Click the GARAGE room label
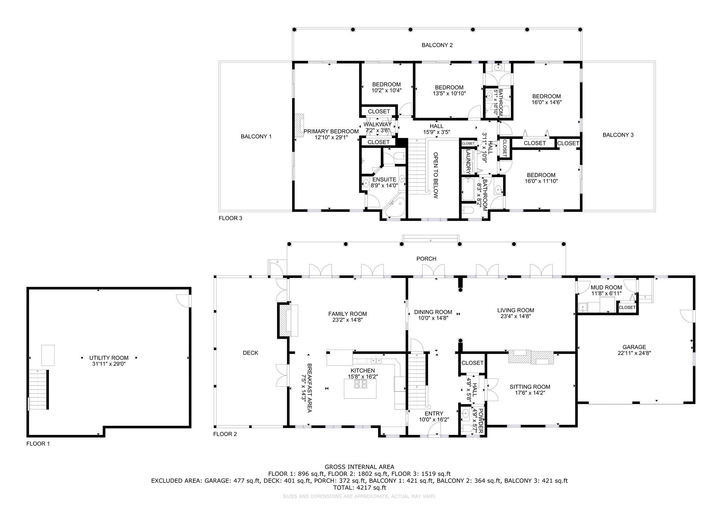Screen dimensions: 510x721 click(x=634, y=347)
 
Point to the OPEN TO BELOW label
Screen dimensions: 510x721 click(x=435, y=175)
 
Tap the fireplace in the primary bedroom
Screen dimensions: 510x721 click(x=299, y=125)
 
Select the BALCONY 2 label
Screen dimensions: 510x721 click(x=437, y=45)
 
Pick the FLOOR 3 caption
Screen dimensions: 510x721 click(x=230, y=218)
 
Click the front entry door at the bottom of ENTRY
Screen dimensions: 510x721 click(x=435, y=430)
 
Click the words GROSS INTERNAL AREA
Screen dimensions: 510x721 click(x=359, y=467)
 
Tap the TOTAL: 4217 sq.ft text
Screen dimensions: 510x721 click(x=359, y=488)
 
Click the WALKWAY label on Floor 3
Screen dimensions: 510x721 click(x=377, y=124)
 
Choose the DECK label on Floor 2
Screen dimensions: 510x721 click(x=250, y=353)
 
